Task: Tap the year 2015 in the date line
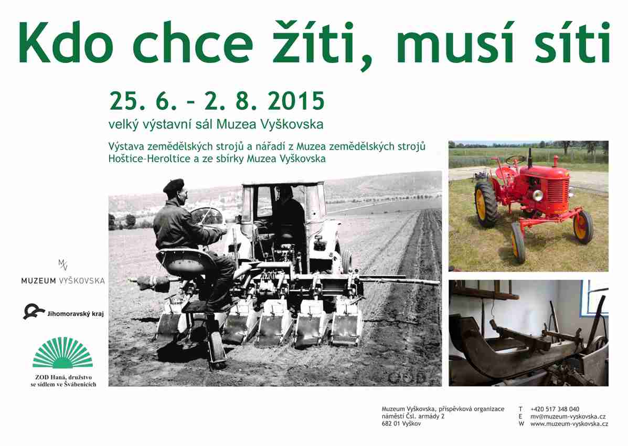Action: [x=296, y=101]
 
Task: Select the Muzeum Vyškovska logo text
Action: [x=63, y=281]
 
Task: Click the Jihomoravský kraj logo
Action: [x=63, y=312]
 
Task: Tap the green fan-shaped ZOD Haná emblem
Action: [x=63, y=353]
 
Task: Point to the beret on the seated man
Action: [x=174, y=186]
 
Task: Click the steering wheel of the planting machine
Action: [x=207, y=216]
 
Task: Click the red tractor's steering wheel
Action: [x=515, y=160]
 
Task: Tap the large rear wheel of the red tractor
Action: [x=486, y=205]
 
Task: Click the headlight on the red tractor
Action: [x=537, y=195]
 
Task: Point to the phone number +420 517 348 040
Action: [x=555, y=409]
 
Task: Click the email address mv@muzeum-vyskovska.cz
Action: [x=568, y=416]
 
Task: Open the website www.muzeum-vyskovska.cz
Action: [x=569, y=423]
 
